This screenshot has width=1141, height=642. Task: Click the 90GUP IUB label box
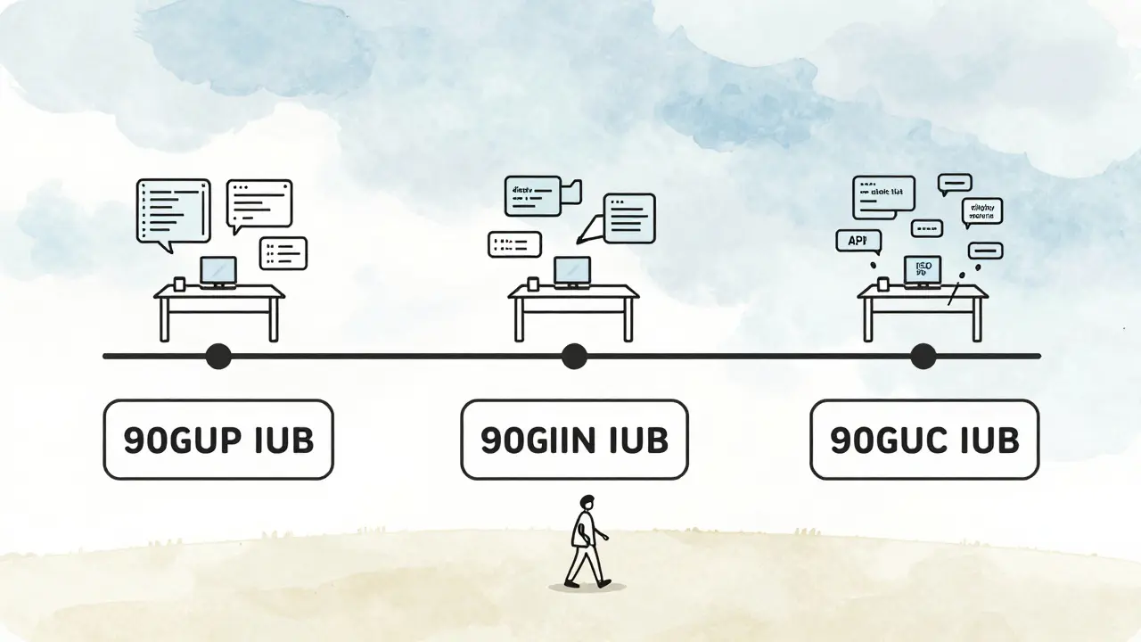pyautogui.click(x=218, y=440)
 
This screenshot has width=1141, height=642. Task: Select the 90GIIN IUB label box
pyautogui.click(x=574, y=440)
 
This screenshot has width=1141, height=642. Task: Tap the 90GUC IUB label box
pyautogui.click(x=924, y=440)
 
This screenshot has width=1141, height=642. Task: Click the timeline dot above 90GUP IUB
pyautogui.click(x=218, y=357)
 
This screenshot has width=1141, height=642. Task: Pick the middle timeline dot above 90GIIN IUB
pyautogui.click(x=574, y=357)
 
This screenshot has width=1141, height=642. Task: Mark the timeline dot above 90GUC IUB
pyautogui.click(x=923, y=357)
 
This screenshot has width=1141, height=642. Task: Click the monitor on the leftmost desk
pyautogui.click(x=218, y=270)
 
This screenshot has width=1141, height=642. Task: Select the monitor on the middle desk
pyautogui.click(x=572, y=270)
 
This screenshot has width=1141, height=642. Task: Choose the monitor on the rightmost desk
pyautogui.click(x=922, y=270)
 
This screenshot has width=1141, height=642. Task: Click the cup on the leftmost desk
pyautogui.click(x=179, y=284)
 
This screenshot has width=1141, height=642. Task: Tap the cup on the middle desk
pyautogui.click(x=533, y=284)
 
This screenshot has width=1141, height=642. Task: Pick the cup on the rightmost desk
pyautogui.click(x=882, y=284)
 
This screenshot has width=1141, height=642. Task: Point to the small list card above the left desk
pyautogui.click(x=283, y=252)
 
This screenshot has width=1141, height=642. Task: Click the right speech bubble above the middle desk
pyautogui.click(x=628, y=217)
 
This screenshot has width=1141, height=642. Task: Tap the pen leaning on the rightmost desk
pyautogui.click(x=956, y=292)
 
